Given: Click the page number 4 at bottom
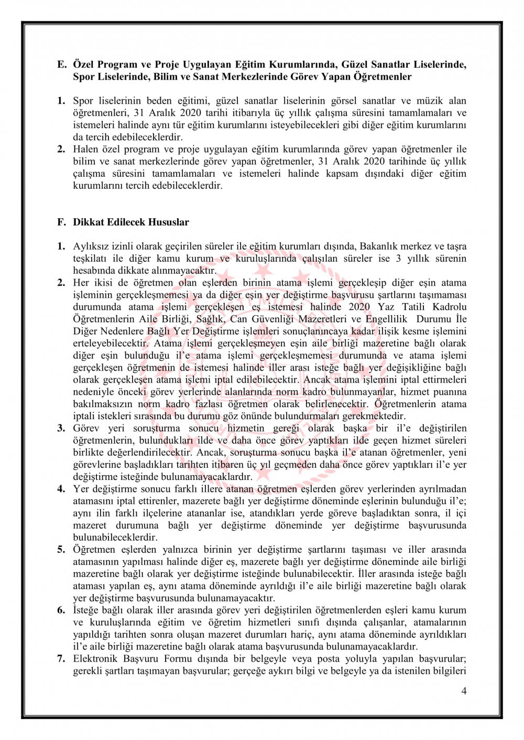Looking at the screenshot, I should point(464,691).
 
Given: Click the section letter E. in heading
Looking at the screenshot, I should point(62,64).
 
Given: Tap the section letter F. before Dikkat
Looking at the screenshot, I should point(62,222).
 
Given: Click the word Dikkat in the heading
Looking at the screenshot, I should point(89,222).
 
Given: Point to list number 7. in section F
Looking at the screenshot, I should point(61,658).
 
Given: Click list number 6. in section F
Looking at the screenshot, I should point(61,610).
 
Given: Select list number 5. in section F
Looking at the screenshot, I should point(61,550).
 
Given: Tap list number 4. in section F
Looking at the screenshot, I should point(61,489).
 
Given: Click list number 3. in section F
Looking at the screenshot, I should point(61,428).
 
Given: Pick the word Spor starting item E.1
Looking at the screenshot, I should point(83,100).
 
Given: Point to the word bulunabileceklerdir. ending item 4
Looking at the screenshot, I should point(115,537).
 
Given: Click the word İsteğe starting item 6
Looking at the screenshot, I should point(86,610).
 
